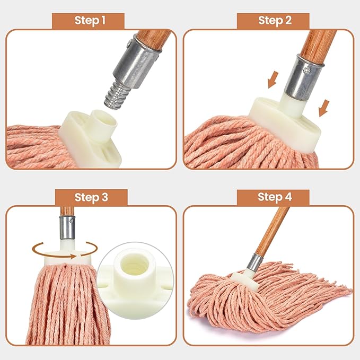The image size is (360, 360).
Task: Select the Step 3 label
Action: pyautogui.click(x=91, y=197)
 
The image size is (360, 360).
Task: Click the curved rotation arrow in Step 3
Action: pyautogui.click(x=65, y=248)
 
